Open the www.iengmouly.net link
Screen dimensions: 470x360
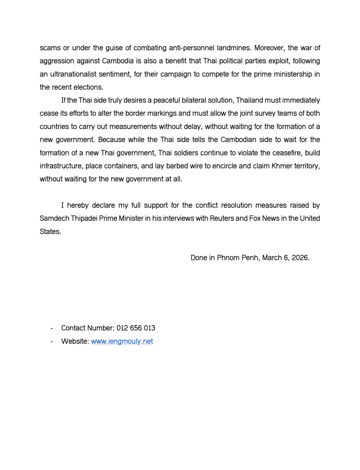(122, 342)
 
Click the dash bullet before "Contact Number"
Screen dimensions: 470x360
(50, 328)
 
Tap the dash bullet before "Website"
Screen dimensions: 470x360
(50, 342)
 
